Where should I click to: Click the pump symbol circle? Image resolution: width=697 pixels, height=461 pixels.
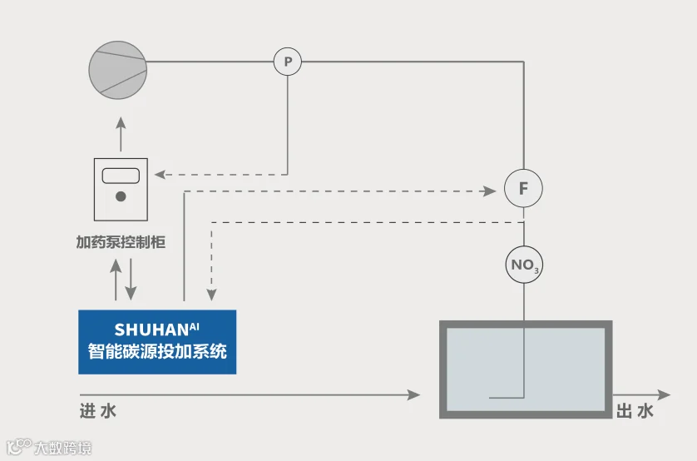(119, 69)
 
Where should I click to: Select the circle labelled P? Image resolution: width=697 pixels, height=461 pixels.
(288, 62)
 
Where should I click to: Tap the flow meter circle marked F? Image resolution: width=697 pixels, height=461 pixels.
(523, 189)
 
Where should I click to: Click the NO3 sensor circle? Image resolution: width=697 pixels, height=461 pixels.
(523, 266)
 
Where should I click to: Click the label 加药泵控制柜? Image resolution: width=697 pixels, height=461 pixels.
(121, 242)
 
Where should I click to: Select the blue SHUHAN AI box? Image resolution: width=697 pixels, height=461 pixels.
(157, 341)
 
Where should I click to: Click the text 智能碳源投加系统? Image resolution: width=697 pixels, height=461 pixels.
(157, 351)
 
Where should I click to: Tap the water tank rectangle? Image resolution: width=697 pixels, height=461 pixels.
(525, 369)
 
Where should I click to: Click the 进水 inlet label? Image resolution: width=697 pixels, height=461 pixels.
(98, 410)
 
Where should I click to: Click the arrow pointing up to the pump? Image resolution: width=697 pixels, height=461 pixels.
(120, 122)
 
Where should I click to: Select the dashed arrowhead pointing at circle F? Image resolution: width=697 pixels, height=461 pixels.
(489, 191)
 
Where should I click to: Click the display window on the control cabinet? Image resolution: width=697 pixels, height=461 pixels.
(120, 176)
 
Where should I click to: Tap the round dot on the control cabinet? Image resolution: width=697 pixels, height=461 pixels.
(121, 197)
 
